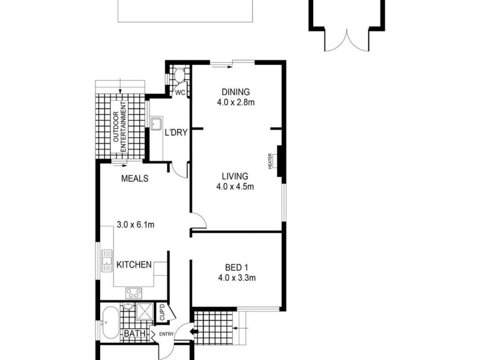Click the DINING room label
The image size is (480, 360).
(x=235, y=92)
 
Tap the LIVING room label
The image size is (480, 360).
(x=235, y=176)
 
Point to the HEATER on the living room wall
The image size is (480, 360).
(x=279, y=160)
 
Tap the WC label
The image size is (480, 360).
(x=179, y=92)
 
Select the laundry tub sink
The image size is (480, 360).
(x=157, y=124)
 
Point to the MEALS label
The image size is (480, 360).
(x=135, y=179)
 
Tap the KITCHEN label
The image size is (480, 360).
(x=133, y=265)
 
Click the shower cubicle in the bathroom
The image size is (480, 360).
(x=144, y=311)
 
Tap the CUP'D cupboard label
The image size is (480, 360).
(x=161, y=313)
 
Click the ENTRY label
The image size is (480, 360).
(x=166, y=334)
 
